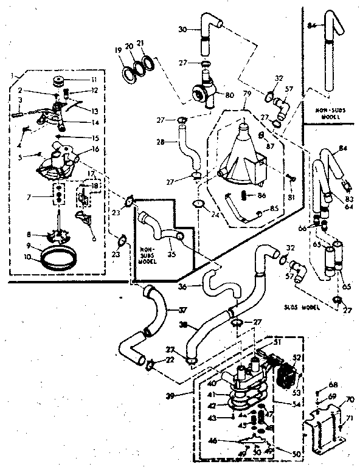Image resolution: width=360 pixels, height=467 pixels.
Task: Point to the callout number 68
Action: pyautogui.click(x=332, y=384)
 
